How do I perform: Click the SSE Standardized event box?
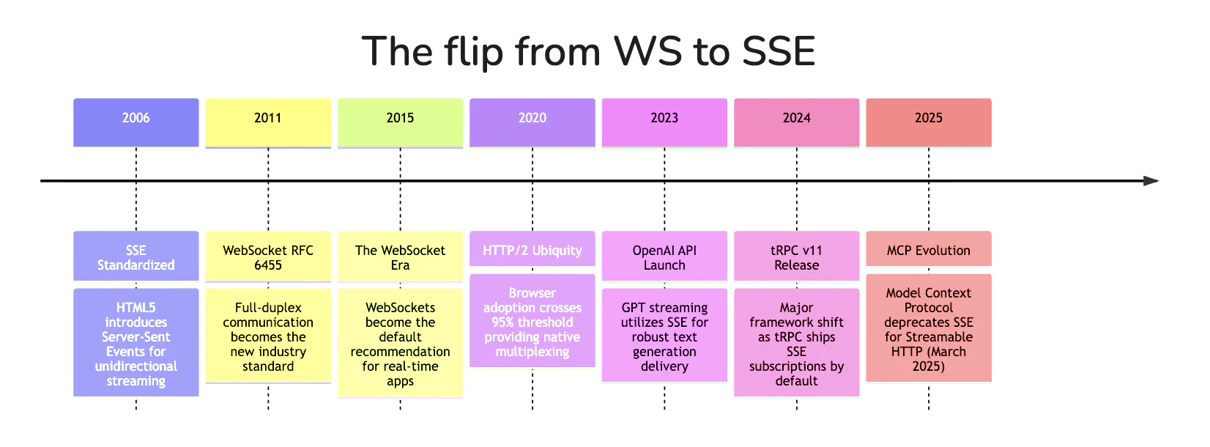[136, 256]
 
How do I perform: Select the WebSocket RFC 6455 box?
[268, 256]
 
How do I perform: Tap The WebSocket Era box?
[400, 256]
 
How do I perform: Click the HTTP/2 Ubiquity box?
[532, 249]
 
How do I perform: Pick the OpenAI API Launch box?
[664, 256]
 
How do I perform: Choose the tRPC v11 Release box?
[796, 256]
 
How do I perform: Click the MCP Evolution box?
[929, 249]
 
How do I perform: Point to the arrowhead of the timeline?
[1151, 180]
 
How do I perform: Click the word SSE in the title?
[779, 52]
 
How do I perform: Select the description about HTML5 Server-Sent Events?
[136, 343]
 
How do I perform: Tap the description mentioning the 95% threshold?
[532, 321]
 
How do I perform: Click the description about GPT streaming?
[664, 336]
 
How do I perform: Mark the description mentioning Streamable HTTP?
[929, 328]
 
